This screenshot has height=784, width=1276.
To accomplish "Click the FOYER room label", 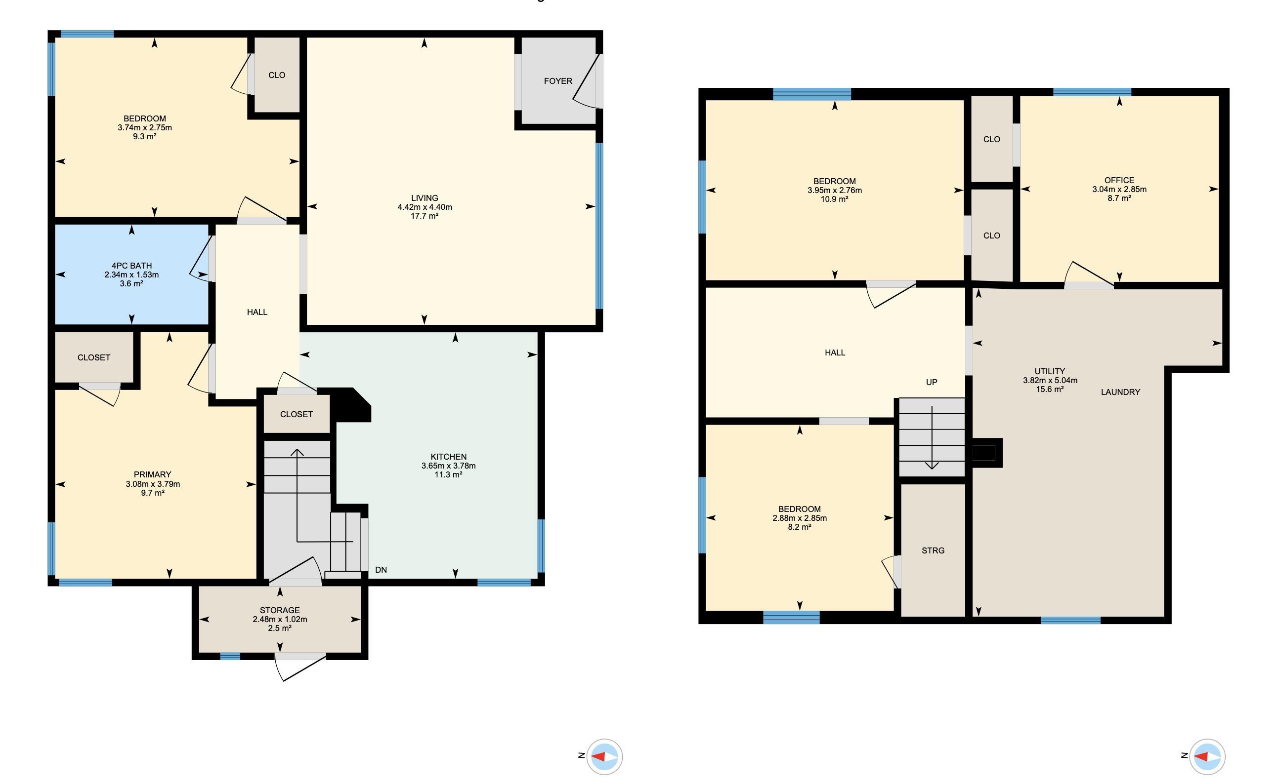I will pos(558,81).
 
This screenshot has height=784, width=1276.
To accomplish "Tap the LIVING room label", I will pos(425,198).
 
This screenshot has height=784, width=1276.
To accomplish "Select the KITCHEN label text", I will pos(448,457).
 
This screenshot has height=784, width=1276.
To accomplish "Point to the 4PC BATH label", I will pos(131,266).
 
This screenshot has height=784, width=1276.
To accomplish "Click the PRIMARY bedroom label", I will pos(152,474).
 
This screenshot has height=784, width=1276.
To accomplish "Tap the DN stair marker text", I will pos(381,570).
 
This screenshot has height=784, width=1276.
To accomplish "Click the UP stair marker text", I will pos(932,382).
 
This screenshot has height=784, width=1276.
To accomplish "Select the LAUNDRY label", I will pos(1120,392).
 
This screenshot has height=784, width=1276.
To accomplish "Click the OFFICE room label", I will pos(1119,180).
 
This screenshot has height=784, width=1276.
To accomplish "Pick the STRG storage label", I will pos(933,550).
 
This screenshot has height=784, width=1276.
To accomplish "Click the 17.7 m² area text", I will pos(425,216).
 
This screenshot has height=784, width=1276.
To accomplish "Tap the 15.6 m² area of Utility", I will pos(1050,389).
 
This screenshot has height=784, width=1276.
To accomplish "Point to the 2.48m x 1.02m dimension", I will pos(280,619).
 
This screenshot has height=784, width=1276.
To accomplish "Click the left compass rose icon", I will pos(604,756).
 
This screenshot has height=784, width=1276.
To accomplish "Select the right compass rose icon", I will pos(1207,756).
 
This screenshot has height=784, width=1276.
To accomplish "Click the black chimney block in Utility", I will pos(986,453).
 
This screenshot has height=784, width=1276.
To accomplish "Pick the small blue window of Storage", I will pos(230,657).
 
